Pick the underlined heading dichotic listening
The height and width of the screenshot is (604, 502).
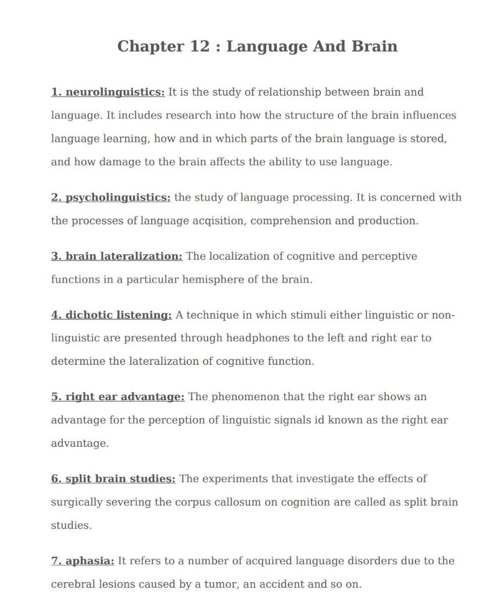click(111, 315)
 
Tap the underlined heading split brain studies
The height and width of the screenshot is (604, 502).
click(113, 478)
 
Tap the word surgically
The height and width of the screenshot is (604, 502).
click(78, 502)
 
